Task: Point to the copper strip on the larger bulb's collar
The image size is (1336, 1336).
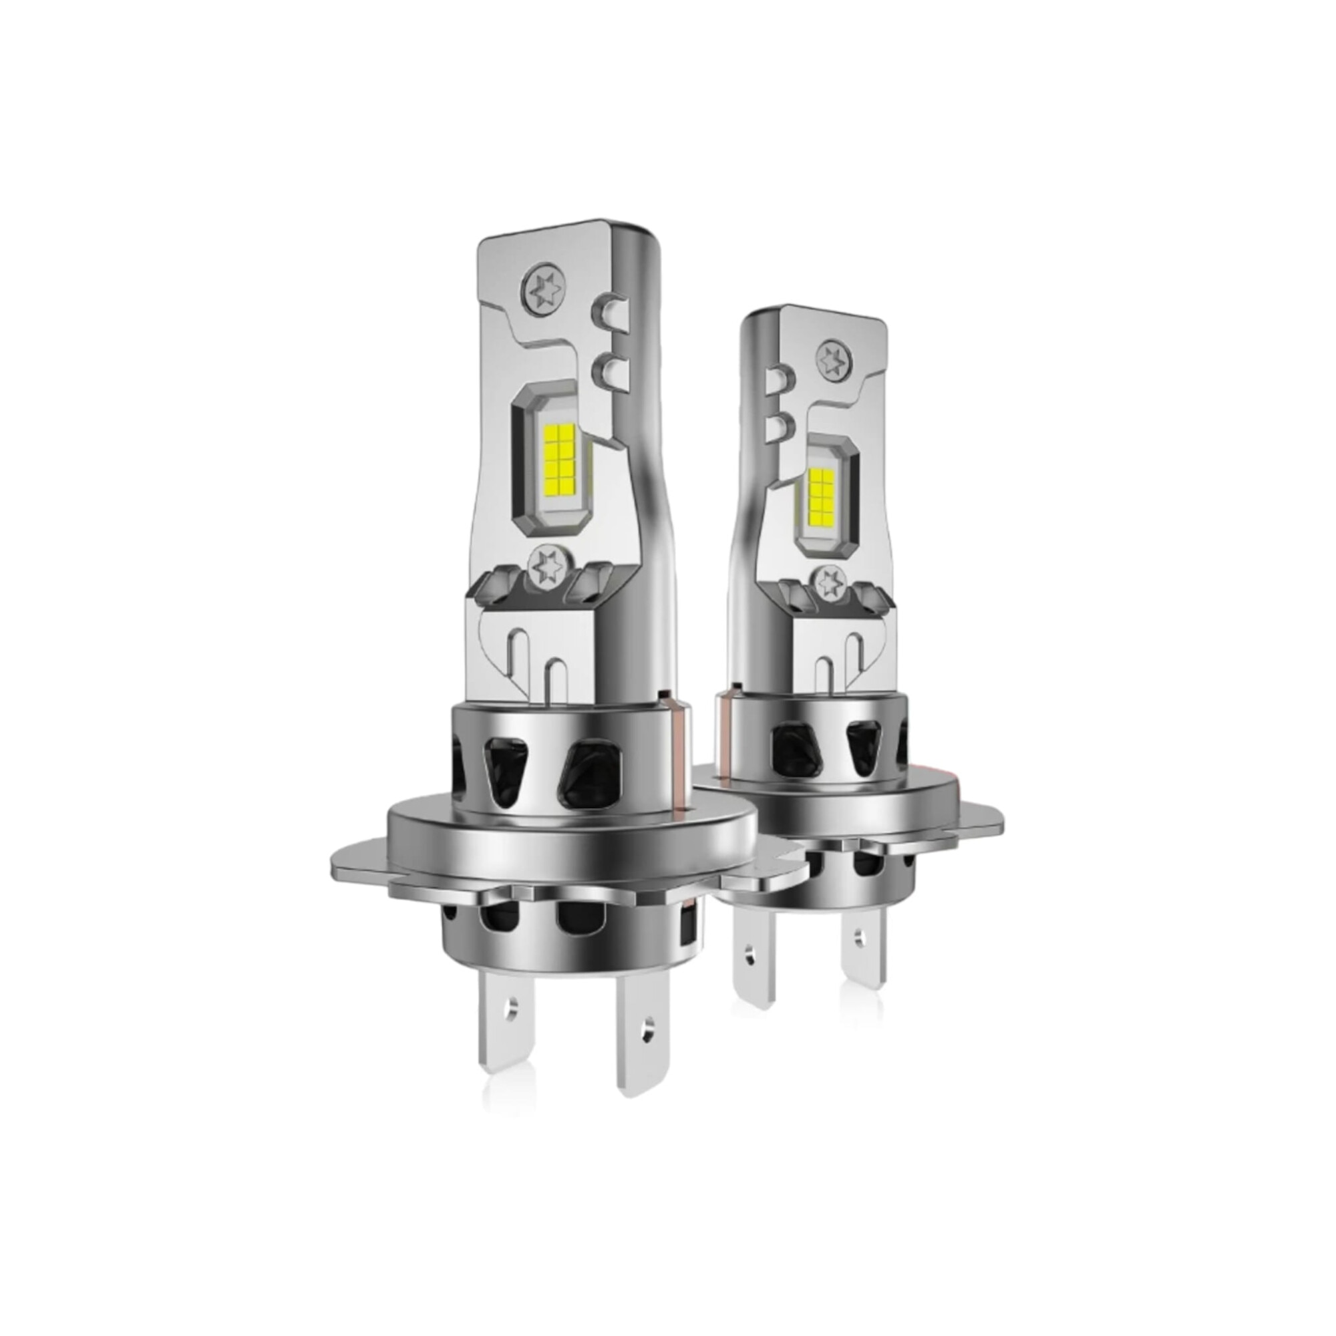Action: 681,754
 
